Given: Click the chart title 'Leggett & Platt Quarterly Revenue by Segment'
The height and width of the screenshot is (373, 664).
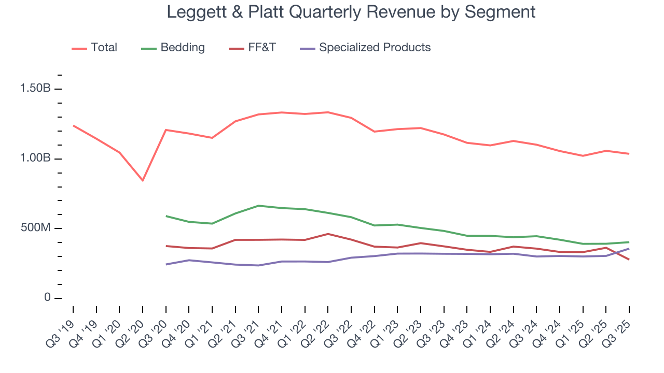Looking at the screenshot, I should [351, 12].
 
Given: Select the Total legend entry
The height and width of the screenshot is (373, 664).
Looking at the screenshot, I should [104, 48].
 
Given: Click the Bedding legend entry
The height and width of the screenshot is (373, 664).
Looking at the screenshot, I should [182, 48].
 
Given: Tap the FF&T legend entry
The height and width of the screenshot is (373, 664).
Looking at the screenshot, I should [261, 48].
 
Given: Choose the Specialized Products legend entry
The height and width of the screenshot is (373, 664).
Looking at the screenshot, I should [375, 48].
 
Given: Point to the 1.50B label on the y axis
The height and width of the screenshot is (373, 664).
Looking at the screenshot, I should [35, 89].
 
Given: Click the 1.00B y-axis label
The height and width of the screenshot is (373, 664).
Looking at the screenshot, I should [35, 159].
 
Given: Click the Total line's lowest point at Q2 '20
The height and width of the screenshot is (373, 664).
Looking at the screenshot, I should [143, 180].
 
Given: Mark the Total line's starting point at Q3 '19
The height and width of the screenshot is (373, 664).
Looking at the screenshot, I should [73, 125].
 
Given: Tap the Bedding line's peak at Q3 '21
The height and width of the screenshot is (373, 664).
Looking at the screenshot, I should [258, 206].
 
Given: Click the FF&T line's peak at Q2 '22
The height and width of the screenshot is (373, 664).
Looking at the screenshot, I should [328, 234].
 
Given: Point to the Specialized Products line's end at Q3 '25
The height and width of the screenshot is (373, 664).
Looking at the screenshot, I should [629, 248].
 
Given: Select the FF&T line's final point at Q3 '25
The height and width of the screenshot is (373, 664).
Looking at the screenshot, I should [629, 260].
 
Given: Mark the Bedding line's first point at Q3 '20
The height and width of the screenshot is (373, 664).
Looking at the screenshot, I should [166, 216].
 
